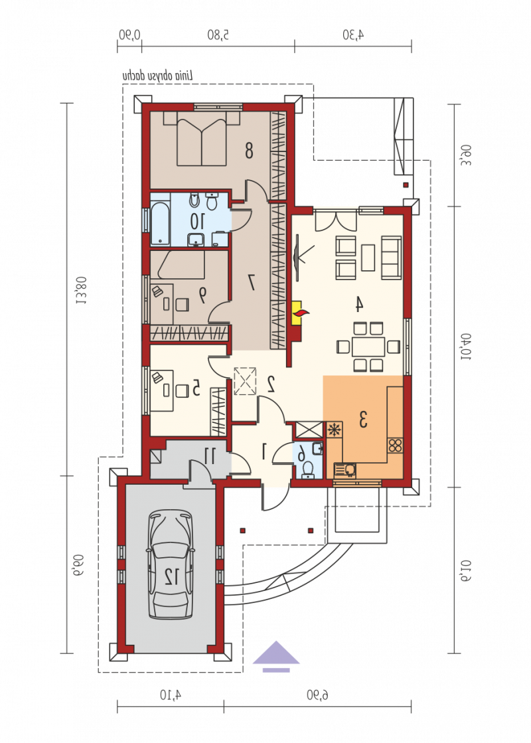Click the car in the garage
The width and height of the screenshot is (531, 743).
click(171, 564)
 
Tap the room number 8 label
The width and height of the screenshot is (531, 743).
click(249, 150)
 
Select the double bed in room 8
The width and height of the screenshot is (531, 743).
click(201, 138)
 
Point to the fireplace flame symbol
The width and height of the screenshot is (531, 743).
click(301, 312)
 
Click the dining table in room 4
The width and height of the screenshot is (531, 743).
click(368, 347)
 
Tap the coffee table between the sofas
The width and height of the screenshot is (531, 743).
click(368, 258)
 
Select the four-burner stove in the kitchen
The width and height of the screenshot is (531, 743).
click(395, 446)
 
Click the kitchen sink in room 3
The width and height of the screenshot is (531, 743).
click(345, 469)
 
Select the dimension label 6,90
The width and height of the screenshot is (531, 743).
click(317, 695)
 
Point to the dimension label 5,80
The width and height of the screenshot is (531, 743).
click(218, 35)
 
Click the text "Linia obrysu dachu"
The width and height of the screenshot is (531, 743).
click(158, 75)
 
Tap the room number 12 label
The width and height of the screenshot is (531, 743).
click(171, 576)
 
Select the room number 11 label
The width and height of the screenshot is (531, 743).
click(209, 455)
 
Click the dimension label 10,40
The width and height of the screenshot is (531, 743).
click(466, 347)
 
